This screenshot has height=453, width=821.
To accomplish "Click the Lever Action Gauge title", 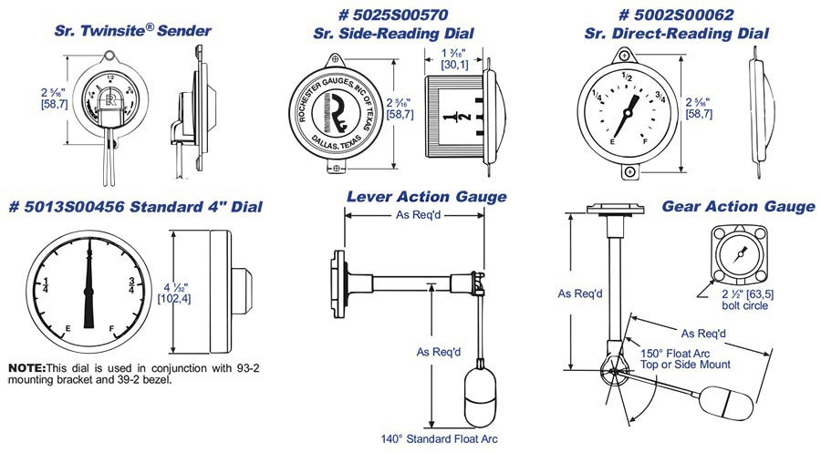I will coord(426,197).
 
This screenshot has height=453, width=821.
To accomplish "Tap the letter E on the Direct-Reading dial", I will coord(610,142).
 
